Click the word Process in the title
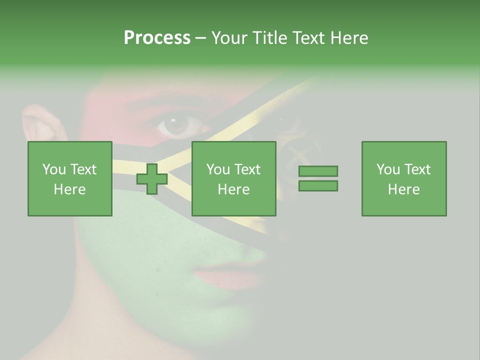[x=157, y=38]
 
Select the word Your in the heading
[x=228, y=38]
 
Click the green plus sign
[x=152, y=179]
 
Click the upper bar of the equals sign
[x=318, y=171]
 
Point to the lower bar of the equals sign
[x=318, y=186]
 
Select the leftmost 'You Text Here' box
[x=69, y=178]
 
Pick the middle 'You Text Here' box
[x=233, y=178]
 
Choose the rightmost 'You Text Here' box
[x=403, y=178]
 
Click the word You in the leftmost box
[x=53, y=169]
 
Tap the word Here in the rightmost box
[x=403, y=189]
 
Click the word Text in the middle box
[x=246, y=169]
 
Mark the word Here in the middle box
[x=233, y=189]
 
